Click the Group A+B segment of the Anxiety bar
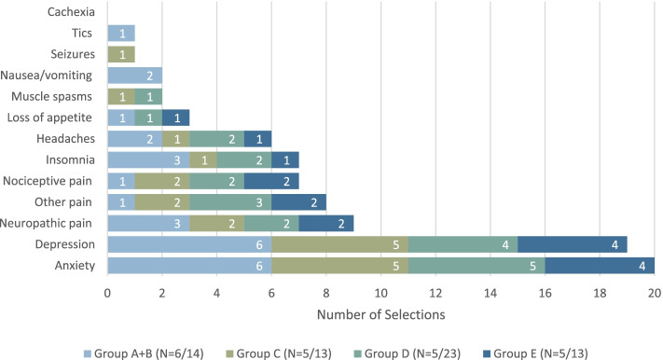tap(189, 266)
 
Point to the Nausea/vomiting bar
tap(134, 76)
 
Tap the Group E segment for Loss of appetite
tap(175, 118)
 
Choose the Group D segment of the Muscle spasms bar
tap(148, 97)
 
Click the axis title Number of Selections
tap(381, 313)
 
